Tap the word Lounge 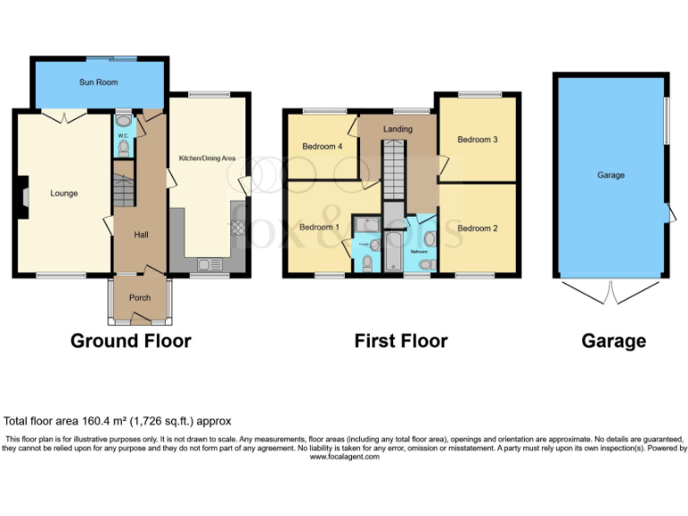tap(64, 193)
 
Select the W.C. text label tap(123, 137)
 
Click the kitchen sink tap(208, 264)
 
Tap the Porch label tap(140, 298)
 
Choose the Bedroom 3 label tap(477, 140)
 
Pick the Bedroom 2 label tap(477, 228)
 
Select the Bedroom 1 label tap(319, 228)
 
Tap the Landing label tap(398, 129)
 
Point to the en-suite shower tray tap(366, 224)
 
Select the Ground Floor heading tap(131, 341)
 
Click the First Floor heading tap(401, 341)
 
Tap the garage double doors tap(608, 291)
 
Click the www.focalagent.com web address tap(345, 457)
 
